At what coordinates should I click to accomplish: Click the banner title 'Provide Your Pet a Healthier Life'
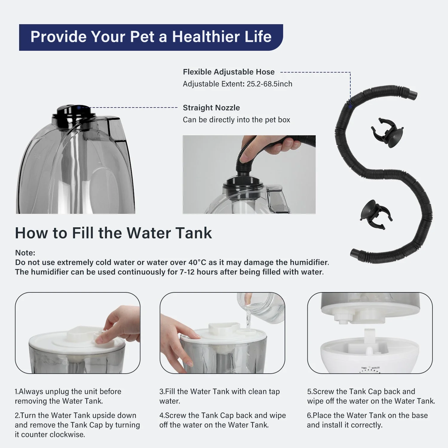pyautogui.click(x=151, y=37)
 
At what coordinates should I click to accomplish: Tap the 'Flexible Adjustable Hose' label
pyautogui.click(x=228, y=72)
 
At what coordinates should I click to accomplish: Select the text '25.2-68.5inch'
pyautogui.click(x=269, y=84)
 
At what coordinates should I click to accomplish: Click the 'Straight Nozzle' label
pyautogui.click(x=211, y=108)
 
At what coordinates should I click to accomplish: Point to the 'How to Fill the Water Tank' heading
pyautogui.click(x=113, y=233)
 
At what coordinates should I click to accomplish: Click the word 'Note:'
pyautogui.click(x=25, y=253)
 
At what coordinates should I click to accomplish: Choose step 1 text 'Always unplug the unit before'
pyautogui.click(x=68, y=392)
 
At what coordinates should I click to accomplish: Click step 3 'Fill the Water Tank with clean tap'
pyautogui.click(x=220, y=392)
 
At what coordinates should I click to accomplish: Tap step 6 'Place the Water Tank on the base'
pyautogui.click(x=367, y=415)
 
